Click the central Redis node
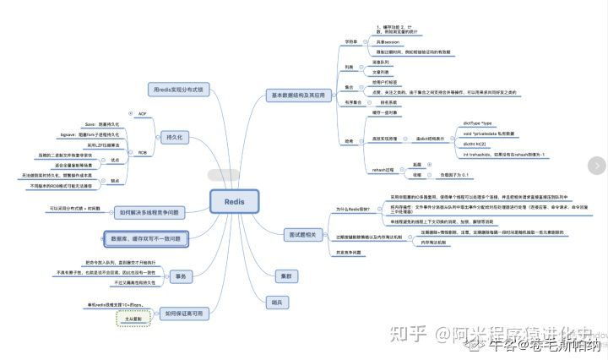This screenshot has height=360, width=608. (x=235, y=202)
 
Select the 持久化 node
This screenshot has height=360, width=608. (x=176, y=137)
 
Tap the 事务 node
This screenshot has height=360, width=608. (x=180, y=276)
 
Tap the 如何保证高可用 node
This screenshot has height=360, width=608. (x=184, y=313)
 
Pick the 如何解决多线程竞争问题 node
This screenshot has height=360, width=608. (x=160, y=215)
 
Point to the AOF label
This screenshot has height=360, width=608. (x=142, y=112)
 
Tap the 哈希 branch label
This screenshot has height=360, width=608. (x=349, y=141)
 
